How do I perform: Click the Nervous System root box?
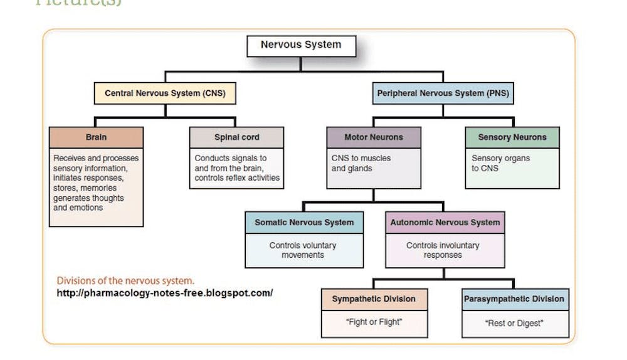coord(301,45)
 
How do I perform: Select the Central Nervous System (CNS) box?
coord(165,93)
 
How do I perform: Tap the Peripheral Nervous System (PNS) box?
coord(443,93)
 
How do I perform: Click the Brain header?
coord(96,137)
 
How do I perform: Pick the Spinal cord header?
coord(236,137)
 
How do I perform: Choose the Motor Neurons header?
coord(374,137)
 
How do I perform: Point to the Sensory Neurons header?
coord(512,137)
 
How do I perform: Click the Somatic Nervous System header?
coord(303,223)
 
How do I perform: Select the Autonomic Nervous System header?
coord(445,223)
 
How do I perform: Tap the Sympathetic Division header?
coord(374,299)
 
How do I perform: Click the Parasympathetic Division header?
coord(514,299)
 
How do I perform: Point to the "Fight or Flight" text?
coord(374,322)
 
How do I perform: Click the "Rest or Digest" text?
coord(514,323)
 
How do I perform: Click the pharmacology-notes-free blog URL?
coord(164,293)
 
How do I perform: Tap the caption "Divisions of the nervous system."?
coord(125,280)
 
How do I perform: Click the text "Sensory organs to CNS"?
coord(500,163)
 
